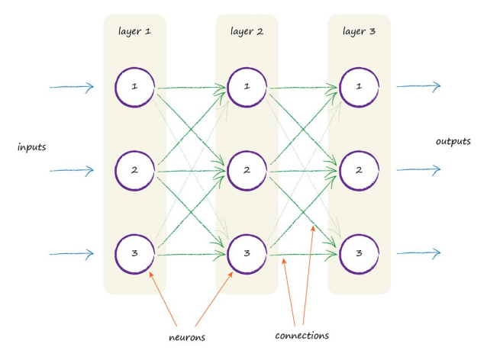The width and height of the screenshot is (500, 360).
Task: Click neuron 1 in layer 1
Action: tap(135, 86)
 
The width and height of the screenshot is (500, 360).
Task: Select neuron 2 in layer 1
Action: tap(135, 169)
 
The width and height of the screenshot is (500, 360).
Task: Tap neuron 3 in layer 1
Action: tap(135, 252)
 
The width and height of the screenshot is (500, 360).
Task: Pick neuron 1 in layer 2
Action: tap(247, 86)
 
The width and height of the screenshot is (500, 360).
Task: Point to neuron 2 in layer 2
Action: tap(247, 169)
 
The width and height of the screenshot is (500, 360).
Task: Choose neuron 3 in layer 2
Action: tap(247, 252)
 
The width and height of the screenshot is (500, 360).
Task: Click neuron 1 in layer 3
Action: tap(359, 86)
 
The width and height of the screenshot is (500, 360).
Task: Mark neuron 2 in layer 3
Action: tap(359, 169)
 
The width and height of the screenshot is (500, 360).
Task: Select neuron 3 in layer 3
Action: tap(359, 252)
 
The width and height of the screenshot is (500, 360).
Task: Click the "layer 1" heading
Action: tap(134, 32)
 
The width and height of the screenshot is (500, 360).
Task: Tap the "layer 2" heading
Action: tap(246, 32)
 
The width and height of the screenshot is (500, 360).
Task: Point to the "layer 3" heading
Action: tap(359, 32)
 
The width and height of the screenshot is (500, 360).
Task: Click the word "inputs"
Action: tap(32, 146)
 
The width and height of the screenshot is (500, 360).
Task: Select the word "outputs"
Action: tap(453, 142)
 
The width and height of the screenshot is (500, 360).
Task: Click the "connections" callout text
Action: tap(302, 335)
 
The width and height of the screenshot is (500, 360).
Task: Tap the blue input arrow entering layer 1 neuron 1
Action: tap(72, 87)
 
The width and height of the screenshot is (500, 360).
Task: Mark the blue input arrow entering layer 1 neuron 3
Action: tap(72, 253)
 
